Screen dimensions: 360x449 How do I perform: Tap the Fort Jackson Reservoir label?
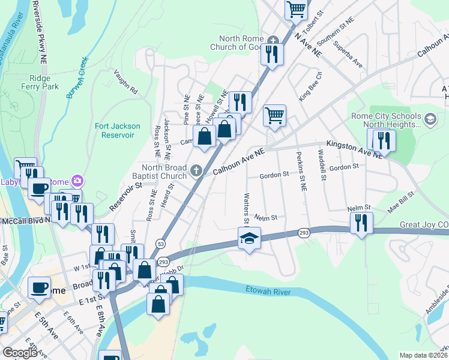(118, 130)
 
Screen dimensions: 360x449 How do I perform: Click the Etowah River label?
(268, 291)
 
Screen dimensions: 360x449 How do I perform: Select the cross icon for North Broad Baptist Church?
(195, 172)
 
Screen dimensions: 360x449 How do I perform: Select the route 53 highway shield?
(160, 243)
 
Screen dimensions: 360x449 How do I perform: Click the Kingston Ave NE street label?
(354, 149)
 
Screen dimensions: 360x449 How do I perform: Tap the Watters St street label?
(246, 206)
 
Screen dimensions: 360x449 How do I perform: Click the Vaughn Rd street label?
(126, 82)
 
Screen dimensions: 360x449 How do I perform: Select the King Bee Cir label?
(311, 86)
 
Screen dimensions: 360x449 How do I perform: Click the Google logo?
(20, 353)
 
